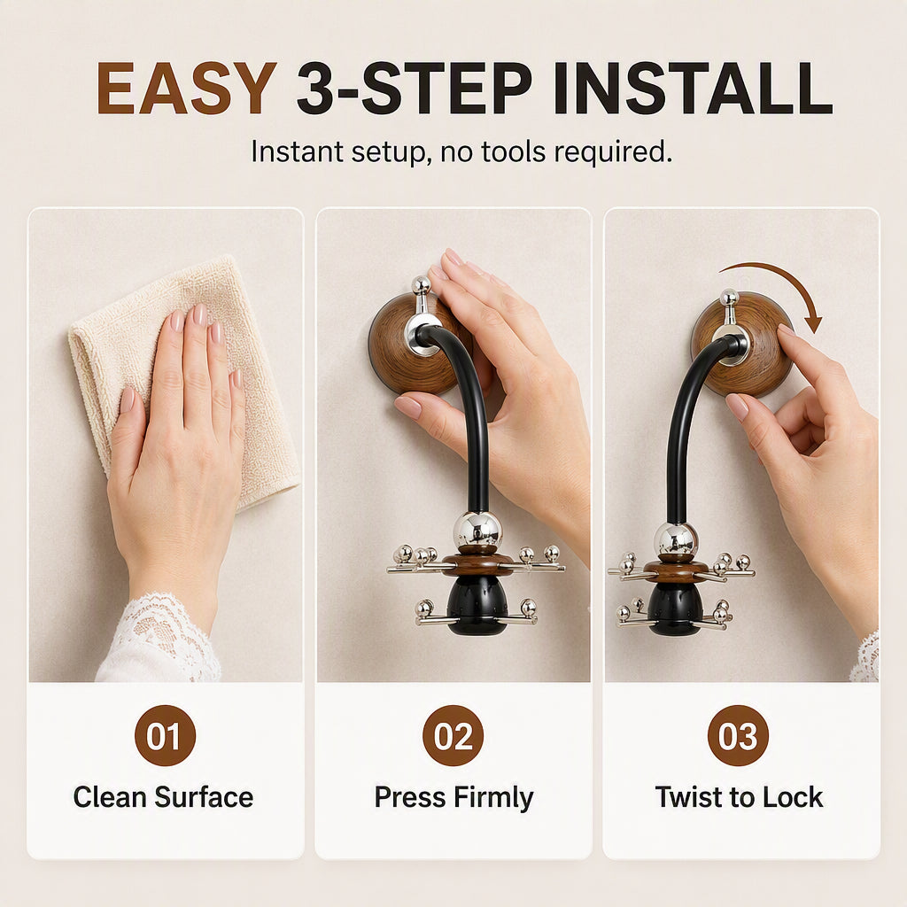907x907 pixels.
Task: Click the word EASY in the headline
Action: (x=186, y=88)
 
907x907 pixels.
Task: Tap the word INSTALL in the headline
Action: (x=693, y=88)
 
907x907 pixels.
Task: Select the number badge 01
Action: (x=165, y=735)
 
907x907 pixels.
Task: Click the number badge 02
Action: (x=453, y=735)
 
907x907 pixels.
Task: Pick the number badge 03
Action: (x=738, y=735)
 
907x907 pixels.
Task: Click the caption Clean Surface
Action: (x=163, y=797)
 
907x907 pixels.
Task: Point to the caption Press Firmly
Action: (x=453, y=798)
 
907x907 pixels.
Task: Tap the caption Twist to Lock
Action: (x=739, y=797)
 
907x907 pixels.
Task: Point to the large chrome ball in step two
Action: (x=477, y=530)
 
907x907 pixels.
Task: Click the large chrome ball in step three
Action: (x=676, y=540)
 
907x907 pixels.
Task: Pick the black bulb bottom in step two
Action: (x=477, y=604)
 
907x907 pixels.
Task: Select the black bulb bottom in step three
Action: (x=675, y=608)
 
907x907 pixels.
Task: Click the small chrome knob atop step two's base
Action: (x=421, y=285)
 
